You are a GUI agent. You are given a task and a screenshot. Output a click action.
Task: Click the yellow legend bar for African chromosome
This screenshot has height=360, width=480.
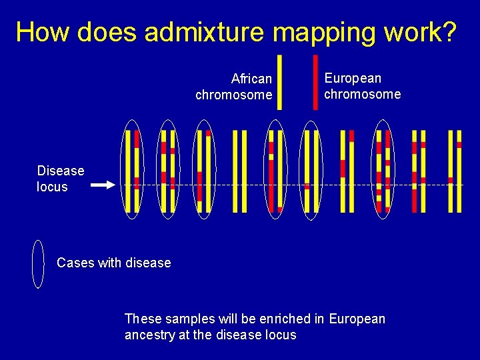[279, 81]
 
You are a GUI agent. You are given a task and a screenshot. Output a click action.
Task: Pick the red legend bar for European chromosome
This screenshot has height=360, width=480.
[315, 81]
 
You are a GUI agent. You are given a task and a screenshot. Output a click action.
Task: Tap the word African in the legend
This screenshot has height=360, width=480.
[251, 79]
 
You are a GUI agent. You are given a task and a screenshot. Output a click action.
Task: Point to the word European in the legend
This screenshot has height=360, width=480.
[353, 78]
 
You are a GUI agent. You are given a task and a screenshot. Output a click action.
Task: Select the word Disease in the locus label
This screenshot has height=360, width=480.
[61, 171]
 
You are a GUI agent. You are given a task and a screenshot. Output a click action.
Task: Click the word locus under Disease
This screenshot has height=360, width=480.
[52, 187]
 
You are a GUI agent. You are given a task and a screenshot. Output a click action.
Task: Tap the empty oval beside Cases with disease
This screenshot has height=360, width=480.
[39, 264]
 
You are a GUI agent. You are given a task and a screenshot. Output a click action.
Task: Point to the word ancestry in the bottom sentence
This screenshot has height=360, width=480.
[150, 335]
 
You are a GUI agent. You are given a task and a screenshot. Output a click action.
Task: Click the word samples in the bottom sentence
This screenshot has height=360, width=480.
[187, 319]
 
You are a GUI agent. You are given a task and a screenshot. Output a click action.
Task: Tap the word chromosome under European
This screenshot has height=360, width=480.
[363, 94]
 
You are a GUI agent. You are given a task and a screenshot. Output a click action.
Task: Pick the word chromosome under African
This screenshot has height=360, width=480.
[233, 95]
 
